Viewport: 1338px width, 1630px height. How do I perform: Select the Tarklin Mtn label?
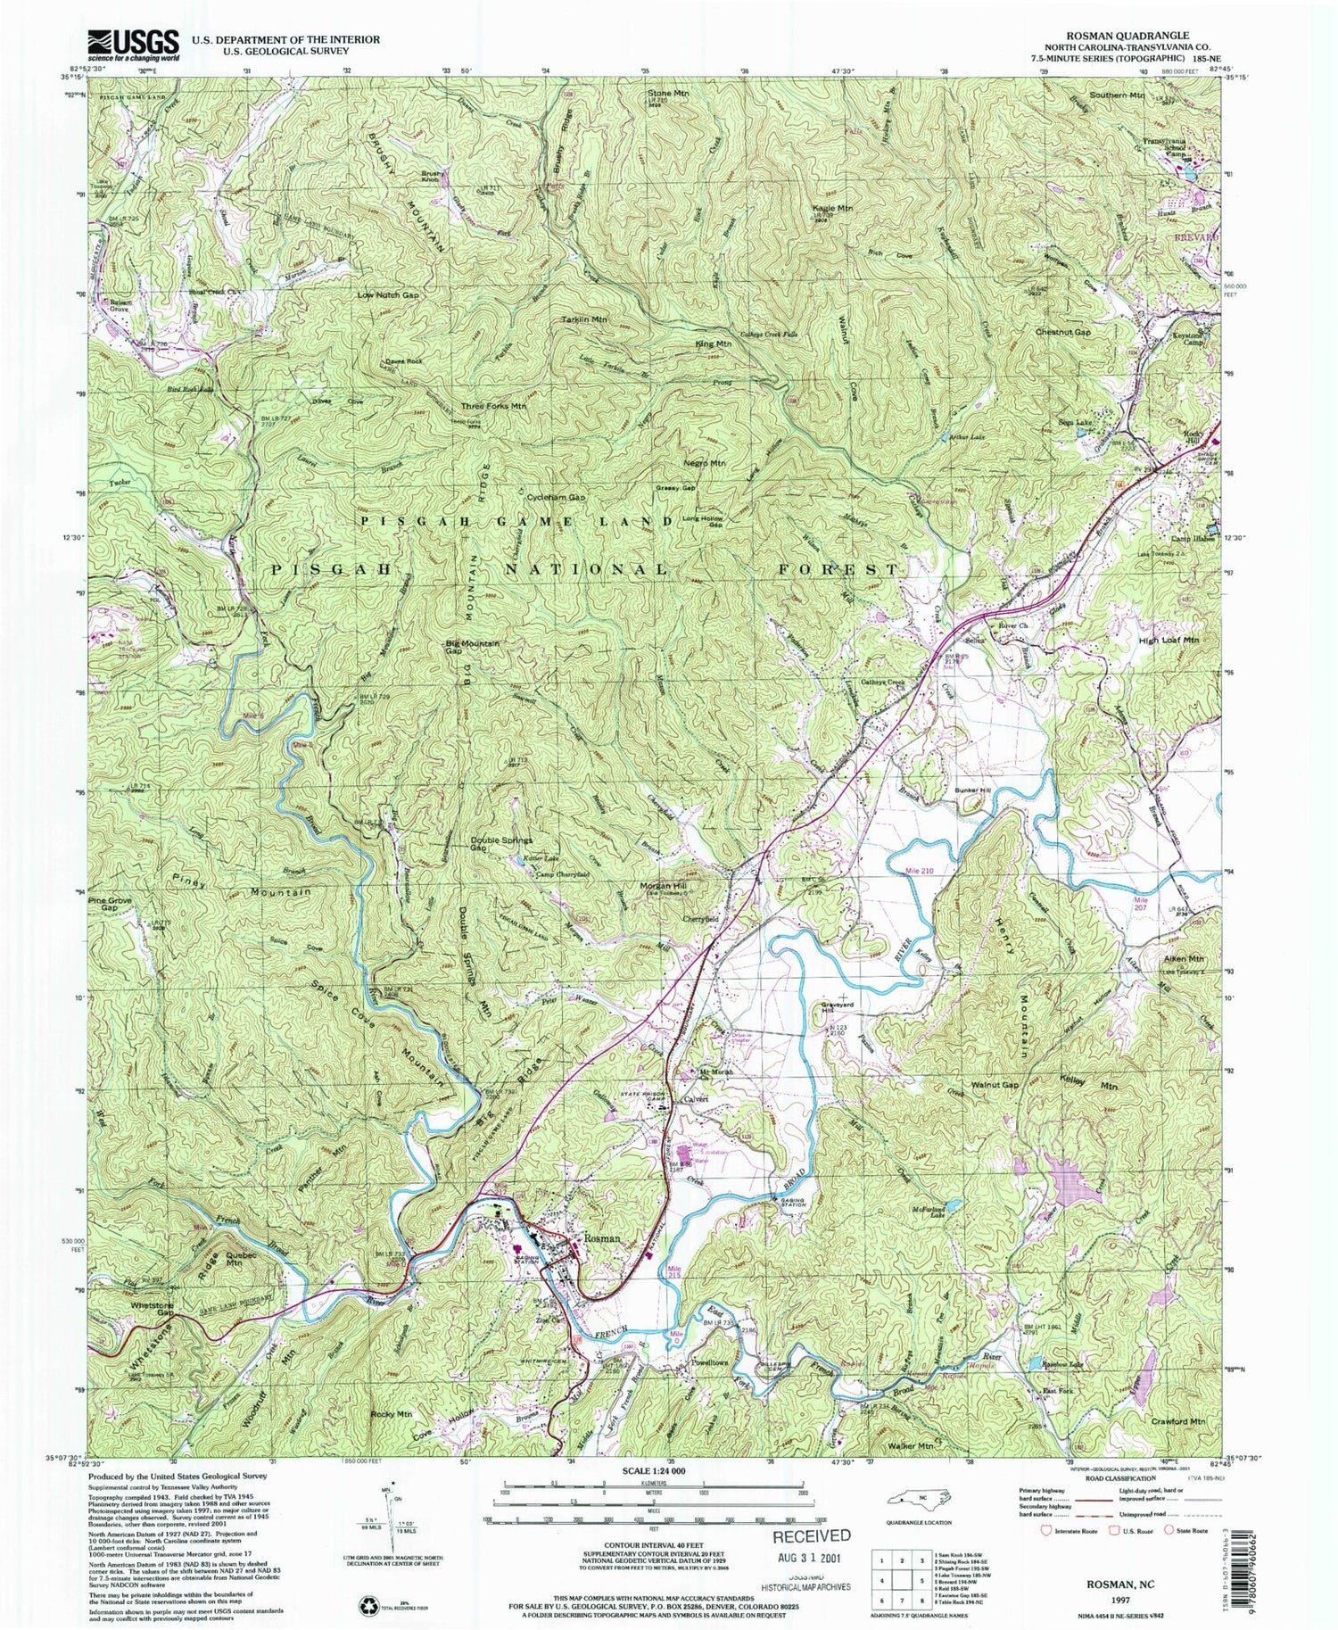(x=584, y=319)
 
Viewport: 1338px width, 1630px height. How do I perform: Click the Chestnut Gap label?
(x=1062, y=332)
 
